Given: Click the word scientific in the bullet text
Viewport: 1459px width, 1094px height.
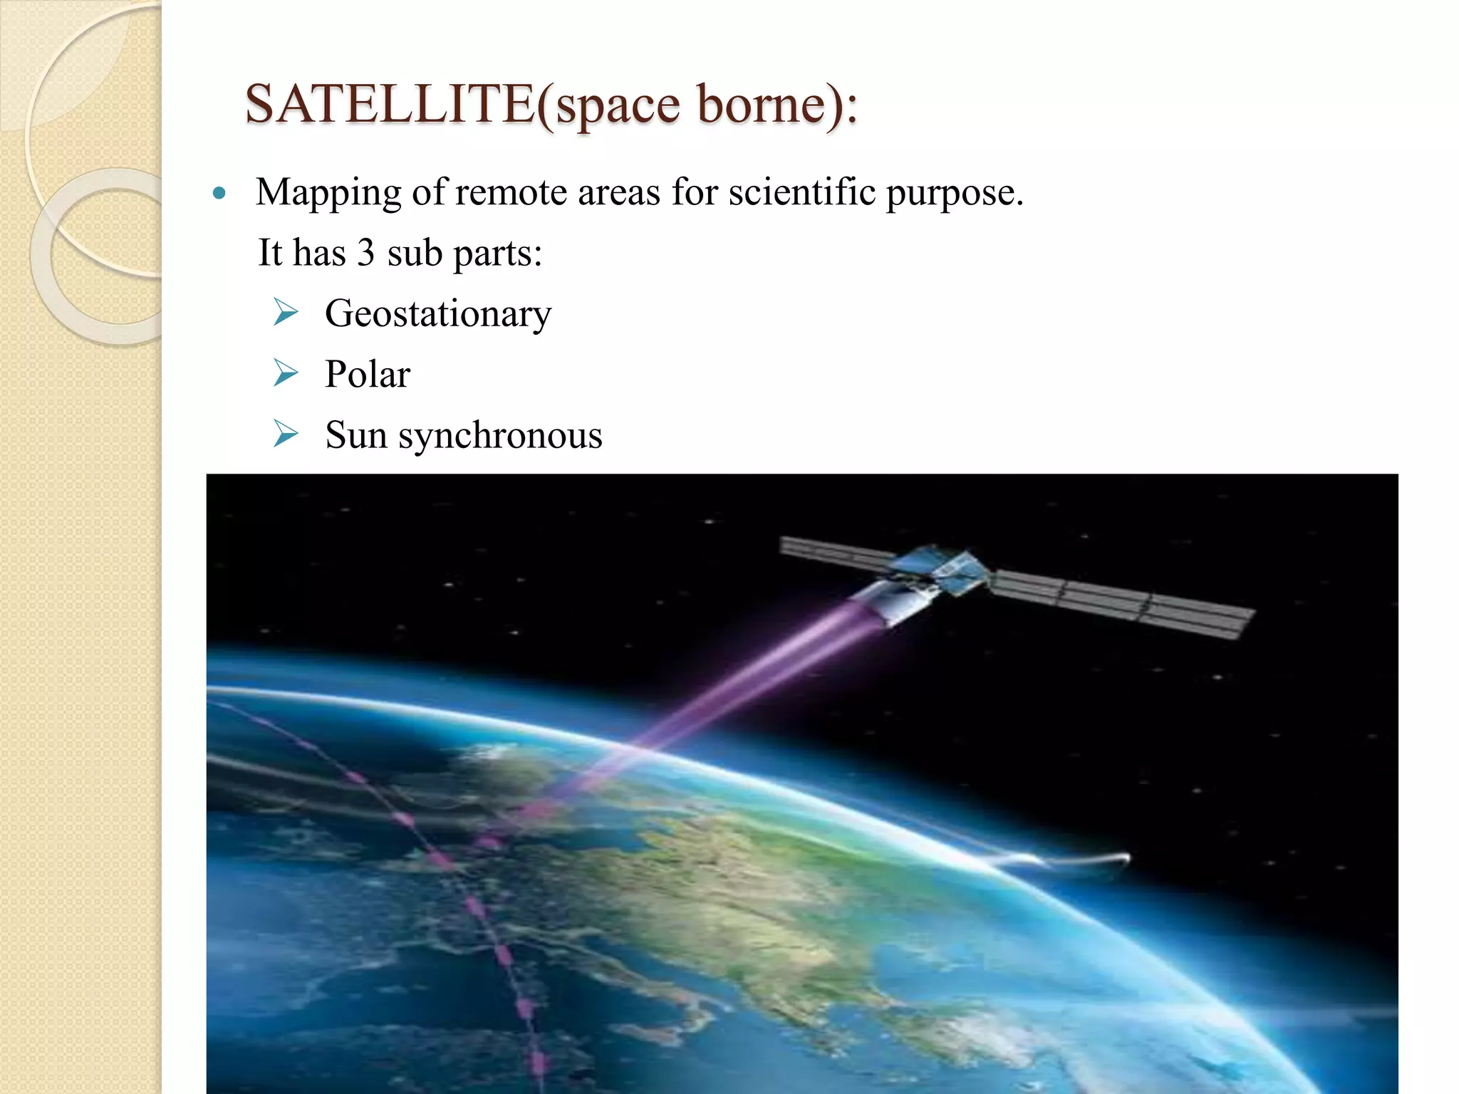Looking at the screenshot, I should click(801, 192).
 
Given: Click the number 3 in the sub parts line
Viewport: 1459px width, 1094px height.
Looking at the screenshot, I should click(365, 253).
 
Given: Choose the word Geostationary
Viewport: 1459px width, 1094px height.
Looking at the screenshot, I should click(438, 314).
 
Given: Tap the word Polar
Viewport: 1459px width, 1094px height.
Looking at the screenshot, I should click(368, 375).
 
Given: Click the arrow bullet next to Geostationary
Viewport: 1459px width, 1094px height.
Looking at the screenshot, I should click(286, 313).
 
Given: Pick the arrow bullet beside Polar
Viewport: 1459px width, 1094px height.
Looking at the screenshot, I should click(286, 373).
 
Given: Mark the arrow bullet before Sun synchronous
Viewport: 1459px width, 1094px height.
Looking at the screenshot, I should click(286, 434).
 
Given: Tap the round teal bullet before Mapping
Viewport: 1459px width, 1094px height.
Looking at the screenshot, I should click(219, 193).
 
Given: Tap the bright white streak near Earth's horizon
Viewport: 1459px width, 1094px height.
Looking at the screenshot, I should click(1069, 860).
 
